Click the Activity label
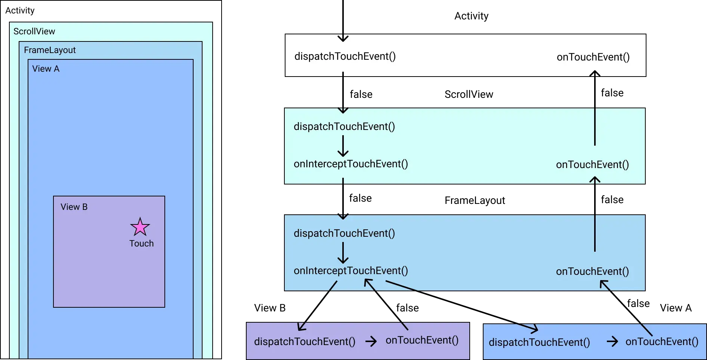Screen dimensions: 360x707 20,10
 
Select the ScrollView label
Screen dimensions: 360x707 34,31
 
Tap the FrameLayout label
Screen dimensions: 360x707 50,50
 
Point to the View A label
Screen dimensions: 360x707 46,69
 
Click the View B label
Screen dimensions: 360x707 74,207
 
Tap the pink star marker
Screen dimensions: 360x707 140,227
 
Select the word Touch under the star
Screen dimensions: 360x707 141,243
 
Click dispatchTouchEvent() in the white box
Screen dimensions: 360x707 345,56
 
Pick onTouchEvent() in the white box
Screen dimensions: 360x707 593,57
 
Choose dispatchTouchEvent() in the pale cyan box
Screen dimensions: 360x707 344,127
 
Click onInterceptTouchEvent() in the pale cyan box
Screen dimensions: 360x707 351,164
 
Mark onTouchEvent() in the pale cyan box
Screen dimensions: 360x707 592,165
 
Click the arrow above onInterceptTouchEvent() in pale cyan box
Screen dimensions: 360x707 343,146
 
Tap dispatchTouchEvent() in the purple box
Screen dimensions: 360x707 305,342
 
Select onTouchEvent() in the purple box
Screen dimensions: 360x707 422,340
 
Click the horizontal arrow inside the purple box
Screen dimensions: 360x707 371,341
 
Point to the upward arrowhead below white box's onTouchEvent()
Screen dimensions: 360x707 595,74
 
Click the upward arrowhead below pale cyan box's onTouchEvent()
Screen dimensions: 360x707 595,180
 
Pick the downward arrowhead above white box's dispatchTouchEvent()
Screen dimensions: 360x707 343,38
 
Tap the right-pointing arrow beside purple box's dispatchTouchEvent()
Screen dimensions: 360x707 371,341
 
